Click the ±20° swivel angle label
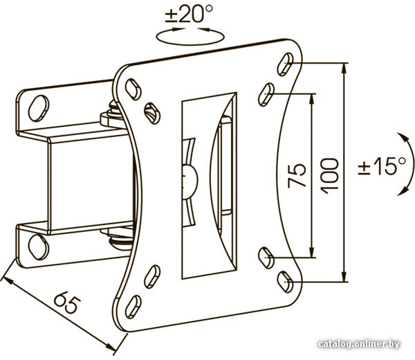[189, 14]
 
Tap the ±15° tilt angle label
[382, 165]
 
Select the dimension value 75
[297, 175]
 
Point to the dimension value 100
[329, 176]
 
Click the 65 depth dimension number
[67, 302]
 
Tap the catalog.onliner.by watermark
[359, 344]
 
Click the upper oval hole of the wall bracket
[39, 108]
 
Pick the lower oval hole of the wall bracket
[39, 246]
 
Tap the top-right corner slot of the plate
[285, 64]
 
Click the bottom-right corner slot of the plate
[285, 282]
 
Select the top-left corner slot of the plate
[133, 89]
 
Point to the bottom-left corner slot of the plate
[133, 307]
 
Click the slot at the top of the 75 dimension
[266, 95]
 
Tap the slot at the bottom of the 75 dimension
[266, 258]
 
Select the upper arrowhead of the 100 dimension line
[344, 69]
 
